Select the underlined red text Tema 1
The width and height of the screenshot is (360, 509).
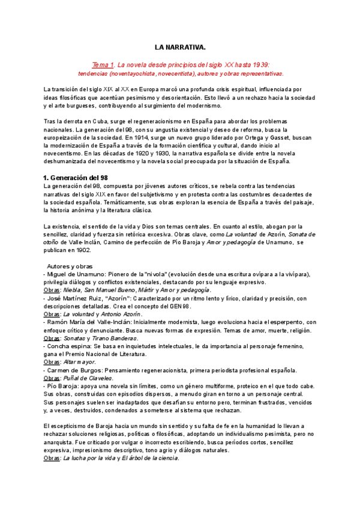point(103,64)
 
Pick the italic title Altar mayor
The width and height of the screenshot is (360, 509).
point(80,363)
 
